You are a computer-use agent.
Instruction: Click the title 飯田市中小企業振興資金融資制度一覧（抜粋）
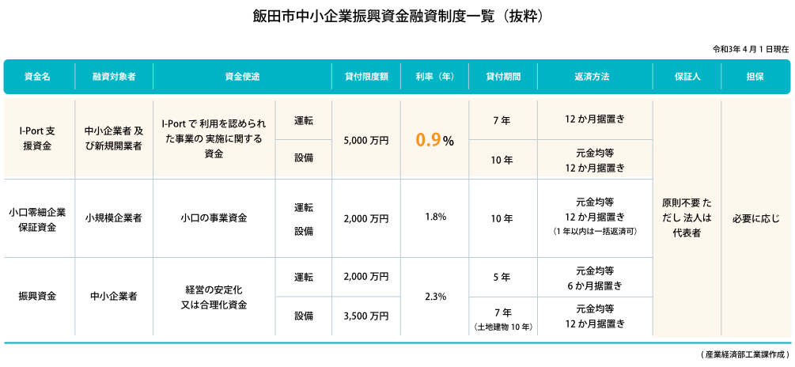coord(397,16)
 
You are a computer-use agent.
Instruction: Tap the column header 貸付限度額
coord(366,77)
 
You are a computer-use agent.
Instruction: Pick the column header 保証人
coord(687,77)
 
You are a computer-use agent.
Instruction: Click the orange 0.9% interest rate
coord(434,140)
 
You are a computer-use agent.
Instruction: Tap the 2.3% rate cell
coord(434,297)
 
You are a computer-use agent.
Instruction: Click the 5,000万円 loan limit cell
coord(366,140)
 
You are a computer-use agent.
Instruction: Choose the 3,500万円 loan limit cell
coord(366,316)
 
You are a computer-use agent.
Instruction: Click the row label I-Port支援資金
coord(37,139)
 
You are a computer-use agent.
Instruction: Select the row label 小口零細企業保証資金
coord(37,219)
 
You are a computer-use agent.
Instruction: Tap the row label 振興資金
coord(37,297)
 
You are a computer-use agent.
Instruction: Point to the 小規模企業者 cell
coord(113,218)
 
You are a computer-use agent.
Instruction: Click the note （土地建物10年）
coord(502,327)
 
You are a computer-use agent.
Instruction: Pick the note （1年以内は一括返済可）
coord(595,232)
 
